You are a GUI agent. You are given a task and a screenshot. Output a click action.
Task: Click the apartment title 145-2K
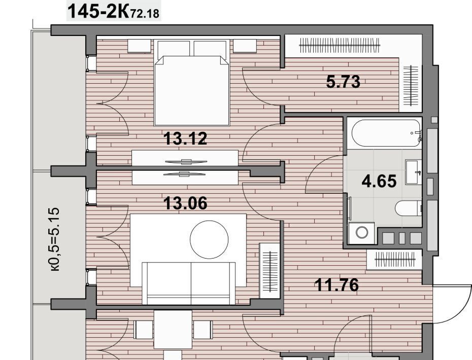pyautogui.click(x=98, y=11)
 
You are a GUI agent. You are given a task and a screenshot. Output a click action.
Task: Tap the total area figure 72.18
pyautogui.click(x=145, y=14)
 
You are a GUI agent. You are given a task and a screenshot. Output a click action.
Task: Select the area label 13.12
pyautogui.click(x=185, y=138)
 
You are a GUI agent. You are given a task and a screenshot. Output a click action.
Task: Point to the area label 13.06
pyautogui.click(x=185, y=203)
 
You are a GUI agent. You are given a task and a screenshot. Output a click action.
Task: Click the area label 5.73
pyautogui.click(x=343, y=82)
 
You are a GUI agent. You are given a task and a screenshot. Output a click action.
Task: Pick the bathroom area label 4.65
pyautogui.click(x=379, y=182)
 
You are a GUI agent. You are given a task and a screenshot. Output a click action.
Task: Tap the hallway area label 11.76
pyautogui.click(x=336, y=285)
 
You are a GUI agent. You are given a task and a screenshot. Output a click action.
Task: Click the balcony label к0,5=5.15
pyautogui.click(x=55, y=239)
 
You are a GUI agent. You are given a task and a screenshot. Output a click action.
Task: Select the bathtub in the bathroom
pyautogui.click(x=386, y=133)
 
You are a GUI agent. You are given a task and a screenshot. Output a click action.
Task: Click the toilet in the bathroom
pyautogui.click(x=408, y=208)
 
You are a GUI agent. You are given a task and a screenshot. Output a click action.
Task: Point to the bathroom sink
pyautogui.click(x=413, y=172)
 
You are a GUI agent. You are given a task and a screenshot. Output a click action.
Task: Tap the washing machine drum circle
pyautogui.click(x=362, y=232)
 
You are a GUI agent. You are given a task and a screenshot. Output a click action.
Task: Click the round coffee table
pyautogui.click(x=209, y=240)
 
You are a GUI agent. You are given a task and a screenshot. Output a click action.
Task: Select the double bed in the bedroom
pyautogui.click(x=191, y=83)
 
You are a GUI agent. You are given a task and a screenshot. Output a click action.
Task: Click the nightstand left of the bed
pyautogui.click(x=139, y=46)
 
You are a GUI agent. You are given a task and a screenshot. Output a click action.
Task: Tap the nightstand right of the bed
pyautogui.click(x=245, y=46)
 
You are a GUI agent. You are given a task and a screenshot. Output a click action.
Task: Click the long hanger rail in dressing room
pyautogui.click(x=340, y=46)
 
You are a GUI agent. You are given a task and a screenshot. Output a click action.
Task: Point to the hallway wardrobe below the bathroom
pyautogui.click(x=395, y=260)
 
